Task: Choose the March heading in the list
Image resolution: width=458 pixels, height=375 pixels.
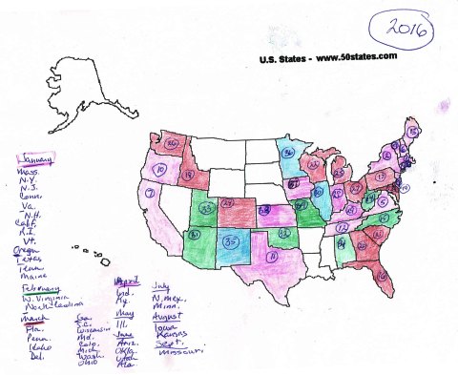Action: [x=32, y=319]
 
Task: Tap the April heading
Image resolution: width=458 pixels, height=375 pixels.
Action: [x=126, y=283]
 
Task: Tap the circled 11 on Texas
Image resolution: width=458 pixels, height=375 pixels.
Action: [x=273, y=257]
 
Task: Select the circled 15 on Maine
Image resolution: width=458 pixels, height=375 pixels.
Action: [x=410, y=126]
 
